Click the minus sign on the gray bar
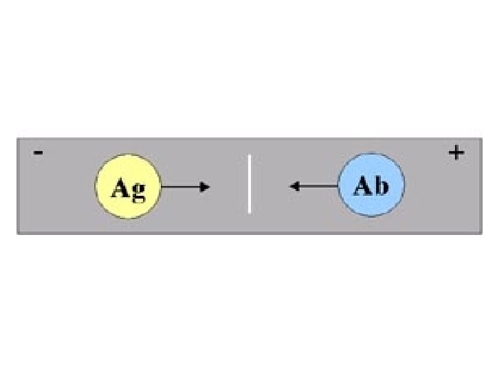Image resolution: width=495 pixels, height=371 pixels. point(38,153)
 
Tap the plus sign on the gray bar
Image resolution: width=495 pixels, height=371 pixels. point(455,153)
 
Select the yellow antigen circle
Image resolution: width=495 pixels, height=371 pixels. point(127,186)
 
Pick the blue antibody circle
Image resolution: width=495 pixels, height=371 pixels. point(371,185)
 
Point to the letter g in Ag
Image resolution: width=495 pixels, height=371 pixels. point(137,189)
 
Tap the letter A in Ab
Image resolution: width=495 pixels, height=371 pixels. point(363,186)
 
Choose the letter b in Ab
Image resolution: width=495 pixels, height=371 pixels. point(381,186)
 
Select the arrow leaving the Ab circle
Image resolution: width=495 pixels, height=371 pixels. point(314,185)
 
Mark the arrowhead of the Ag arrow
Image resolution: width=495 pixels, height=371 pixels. point(205,186)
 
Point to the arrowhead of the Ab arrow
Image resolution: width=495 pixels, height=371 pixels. point(293,185)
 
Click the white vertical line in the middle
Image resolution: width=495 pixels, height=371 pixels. point(249,184)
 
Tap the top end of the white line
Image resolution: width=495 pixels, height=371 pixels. point(249,156)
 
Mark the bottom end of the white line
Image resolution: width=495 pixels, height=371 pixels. point(249,212)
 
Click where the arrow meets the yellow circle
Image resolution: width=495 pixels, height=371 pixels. point(160,186)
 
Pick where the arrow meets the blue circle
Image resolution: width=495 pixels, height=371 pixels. point(338,185)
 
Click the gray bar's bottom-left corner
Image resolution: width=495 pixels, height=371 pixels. point(18,233)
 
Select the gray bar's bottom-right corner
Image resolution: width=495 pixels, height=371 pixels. point(481,233)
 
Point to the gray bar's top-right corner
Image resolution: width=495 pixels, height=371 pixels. point(481,139)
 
